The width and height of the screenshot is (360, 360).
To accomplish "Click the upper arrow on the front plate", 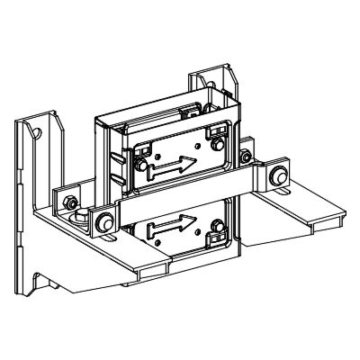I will click(x=173, y=166).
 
